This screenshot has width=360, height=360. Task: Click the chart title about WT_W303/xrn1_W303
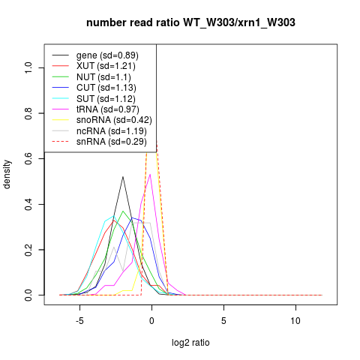(x=190, y=22)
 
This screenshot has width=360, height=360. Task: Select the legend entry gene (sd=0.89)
(x=107, y=55)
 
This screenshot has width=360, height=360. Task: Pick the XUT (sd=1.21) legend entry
(x=106, y=66)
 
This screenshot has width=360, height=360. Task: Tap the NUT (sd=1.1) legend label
(x=103, y=77)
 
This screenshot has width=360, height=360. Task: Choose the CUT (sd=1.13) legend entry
(x=106, y=88)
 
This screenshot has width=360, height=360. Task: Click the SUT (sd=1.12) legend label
(x=106, y=99)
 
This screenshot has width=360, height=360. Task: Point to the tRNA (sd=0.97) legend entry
(x=108, y=109)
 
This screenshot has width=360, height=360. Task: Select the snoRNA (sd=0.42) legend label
(x=114, y=120)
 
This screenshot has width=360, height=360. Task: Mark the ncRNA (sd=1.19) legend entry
(x=112, y=131)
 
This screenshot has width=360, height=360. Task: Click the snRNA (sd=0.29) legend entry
(x=112, y=142)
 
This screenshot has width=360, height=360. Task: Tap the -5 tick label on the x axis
(x=79, y=321)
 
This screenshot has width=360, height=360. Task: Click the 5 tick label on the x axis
(x=223, y=321)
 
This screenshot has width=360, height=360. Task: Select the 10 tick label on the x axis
(x=295, y=321)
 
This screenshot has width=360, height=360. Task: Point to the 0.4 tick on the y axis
(x=28, y=204)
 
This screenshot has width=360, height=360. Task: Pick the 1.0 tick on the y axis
(x=28, y=67)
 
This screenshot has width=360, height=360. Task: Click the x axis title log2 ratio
(x=190, y=343)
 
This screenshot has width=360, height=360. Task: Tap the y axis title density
(x=7, y=175)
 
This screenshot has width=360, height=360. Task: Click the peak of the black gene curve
(x=123, y=177)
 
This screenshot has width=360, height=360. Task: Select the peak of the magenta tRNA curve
(x=150, y=174)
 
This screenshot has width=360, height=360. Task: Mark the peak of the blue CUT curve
(x=132, y=217)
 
